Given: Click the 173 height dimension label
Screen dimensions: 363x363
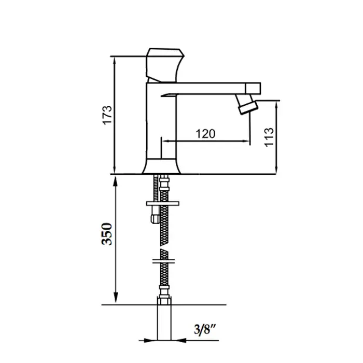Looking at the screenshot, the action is click(x=107, y=115).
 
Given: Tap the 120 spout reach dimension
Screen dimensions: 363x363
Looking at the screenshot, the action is click(x=205, y=134).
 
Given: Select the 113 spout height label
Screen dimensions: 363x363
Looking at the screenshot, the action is click(x=269, y=137).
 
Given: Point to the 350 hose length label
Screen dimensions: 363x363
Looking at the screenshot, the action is click(x=107, y=234).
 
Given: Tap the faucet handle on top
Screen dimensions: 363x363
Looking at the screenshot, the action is click(x=165, y=65).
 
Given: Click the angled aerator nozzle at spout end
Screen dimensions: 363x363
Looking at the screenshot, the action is click(x=246, y=104).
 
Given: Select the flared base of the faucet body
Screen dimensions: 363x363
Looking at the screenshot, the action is click(x=161, y=166).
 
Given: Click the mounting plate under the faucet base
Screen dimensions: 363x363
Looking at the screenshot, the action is click(x=162, y=203).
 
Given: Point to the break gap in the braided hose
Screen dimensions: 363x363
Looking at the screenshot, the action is click(x=164, y=247).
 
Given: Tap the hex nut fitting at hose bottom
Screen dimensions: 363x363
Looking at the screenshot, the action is click(x=164, y=300).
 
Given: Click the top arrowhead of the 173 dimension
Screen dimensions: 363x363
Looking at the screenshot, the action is click(x=114, y=61).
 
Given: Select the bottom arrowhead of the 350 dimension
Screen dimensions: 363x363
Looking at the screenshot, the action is click(x=116, y=298).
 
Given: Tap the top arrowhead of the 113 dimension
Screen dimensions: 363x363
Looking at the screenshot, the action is click(x=276, y=106).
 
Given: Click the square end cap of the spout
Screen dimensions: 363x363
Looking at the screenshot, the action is click(x=253, y=88).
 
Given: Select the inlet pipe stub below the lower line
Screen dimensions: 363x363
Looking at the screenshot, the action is click(x=164, y=323).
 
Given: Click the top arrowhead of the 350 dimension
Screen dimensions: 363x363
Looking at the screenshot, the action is click(x=116, y=181).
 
